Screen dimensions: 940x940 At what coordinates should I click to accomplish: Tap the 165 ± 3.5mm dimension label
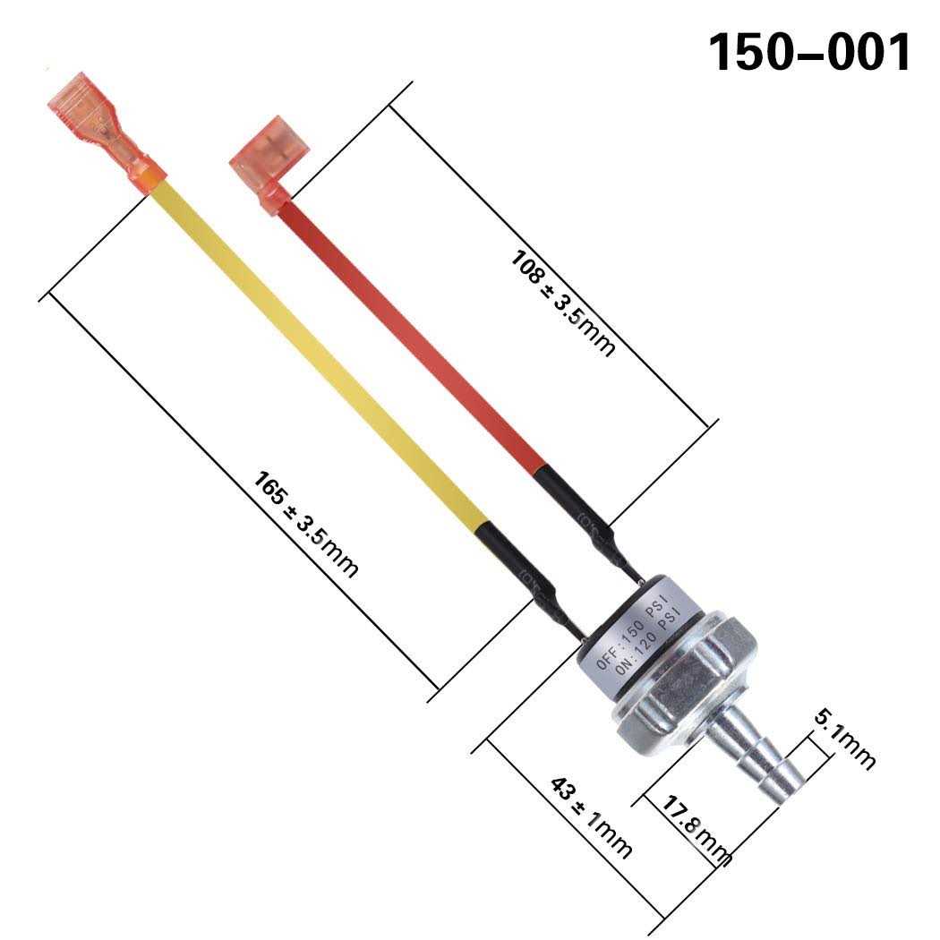[305, 523]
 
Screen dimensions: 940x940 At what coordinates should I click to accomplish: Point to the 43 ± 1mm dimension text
[591, 816]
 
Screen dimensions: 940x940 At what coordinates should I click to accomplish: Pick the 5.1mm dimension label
[845, 739]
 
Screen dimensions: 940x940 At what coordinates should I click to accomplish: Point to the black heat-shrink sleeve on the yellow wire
[519, 569]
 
